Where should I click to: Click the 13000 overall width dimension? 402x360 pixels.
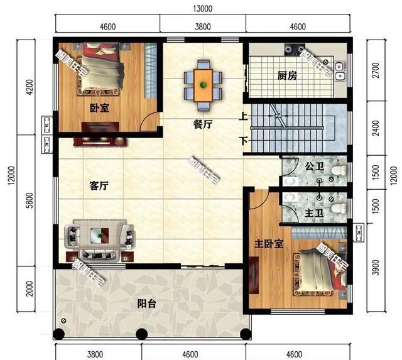click(202, 8)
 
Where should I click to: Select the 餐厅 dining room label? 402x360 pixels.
click(202, 124)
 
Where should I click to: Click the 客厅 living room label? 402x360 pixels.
click(99, 186)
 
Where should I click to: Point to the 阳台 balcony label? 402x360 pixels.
click(147, 304)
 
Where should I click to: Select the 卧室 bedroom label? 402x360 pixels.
click(99, 107)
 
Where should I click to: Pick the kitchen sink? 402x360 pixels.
click(339, 71)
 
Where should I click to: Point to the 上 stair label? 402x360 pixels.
click(242, 116)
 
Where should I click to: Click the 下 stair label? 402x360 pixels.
click(242, 139)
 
